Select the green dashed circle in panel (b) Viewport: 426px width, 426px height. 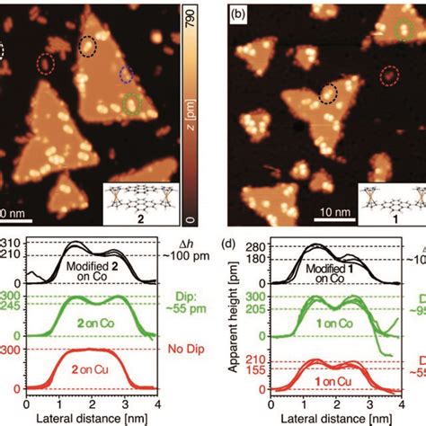[406, 31]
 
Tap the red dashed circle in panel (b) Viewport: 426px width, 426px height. [388, 75]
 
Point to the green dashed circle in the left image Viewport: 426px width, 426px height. [132, 104]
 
